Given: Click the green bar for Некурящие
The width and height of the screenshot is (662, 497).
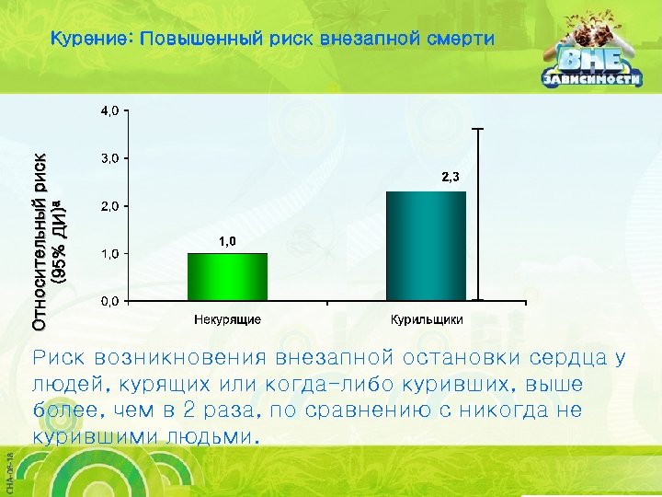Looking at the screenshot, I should coord(227,276).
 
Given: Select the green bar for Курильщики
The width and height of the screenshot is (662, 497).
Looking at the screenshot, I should coord(426,246).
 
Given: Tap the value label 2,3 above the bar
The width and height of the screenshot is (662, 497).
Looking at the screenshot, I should coord(450,177).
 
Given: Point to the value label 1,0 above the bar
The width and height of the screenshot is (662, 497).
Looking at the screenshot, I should coord(227,241).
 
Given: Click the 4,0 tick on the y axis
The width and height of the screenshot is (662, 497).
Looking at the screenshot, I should coord(109,110).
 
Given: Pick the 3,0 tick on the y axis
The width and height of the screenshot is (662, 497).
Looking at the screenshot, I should coord(109,158).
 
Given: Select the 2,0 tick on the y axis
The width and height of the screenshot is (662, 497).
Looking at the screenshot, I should coord(109,206).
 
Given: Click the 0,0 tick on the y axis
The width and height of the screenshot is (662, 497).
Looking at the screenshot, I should coord(109,302).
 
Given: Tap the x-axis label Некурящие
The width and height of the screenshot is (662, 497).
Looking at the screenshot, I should coord(227,319).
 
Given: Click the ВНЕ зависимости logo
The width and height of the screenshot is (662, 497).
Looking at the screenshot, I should coord(589,64).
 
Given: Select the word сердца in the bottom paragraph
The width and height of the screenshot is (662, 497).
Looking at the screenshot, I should coord(570,357).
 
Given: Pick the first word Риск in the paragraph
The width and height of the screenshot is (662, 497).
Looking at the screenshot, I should coord(60,357).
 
